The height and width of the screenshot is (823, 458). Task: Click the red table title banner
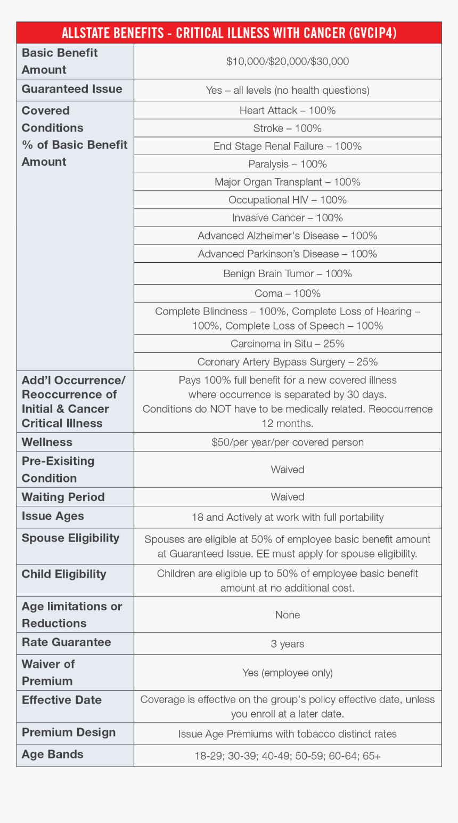[229, 33]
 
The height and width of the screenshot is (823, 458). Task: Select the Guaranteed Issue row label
[72, 90]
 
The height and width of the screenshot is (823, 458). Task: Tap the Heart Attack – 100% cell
[288, 110]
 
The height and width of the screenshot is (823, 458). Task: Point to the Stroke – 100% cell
[288, 128]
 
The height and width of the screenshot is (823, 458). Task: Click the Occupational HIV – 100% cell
[288, 200]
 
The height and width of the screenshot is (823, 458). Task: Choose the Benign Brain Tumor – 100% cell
[288, 273]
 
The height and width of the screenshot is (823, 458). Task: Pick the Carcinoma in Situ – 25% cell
[288, 344]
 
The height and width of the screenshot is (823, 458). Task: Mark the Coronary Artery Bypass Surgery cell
[288, 362]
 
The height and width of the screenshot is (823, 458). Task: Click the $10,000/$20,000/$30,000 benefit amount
[288, 61]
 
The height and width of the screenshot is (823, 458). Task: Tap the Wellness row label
[47, 442]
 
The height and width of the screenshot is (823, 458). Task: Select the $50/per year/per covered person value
[288, 442]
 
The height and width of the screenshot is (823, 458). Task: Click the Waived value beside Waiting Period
[288, 497]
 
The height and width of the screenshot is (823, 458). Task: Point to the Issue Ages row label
[53, 517]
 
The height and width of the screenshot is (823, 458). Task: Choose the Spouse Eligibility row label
[70, 538]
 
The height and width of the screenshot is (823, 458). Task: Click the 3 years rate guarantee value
[288, 644]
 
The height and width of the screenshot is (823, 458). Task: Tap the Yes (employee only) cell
[288, 673]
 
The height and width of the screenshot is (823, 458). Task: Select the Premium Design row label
[69, 733]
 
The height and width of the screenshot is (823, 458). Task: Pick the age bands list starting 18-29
[288, 756]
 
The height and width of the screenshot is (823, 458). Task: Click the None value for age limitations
[288, 615]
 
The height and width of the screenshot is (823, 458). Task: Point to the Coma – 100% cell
[288, 294]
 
